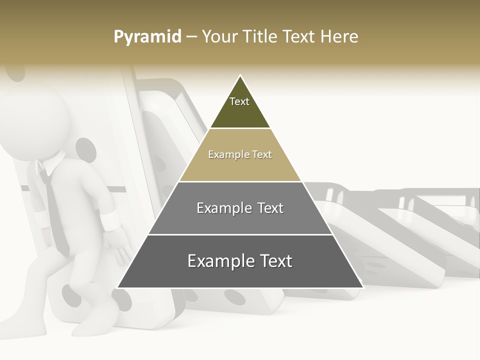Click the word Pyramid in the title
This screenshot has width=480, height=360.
(147, 37)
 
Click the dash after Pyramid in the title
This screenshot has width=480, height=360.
(191, 37)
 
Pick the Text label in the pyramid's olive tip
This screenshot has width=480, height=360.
(239, 101)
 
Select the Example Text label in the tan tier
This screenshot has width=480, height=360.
(240, 154)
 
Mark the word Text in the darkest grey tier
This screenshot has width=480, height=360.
(276, 261)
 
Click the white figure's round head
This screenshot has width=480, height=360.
(35, 122)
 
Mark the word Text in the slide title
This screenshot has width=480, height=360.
(300, 37)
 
